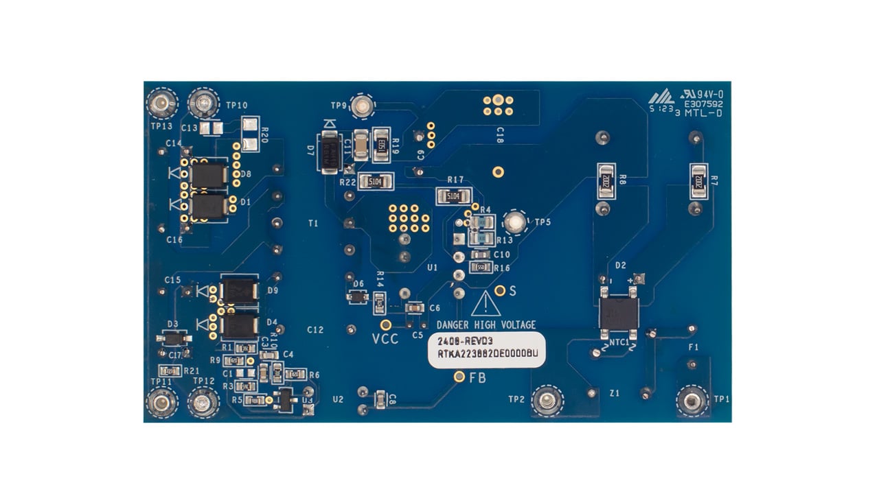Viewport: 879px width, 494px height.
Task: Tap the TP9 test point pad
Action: pyautogui.click(x=363, y=106)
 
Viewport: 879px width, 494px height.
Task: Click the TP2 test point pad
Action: pyautogui.click(x=547, y=401)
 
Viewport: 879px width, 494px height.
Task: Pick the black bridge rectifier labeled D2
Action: pyautogui.click(x=619, y=313)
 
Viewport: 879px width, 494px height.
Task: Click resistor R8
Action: pyautogui.click(x=605, y=180)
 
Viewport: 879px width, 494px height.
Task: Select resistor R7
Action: pyautogui.click(x=698, y=180)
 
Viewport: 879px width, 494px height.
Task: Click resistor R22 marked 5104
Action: pyautogui.click(x=375, y=181)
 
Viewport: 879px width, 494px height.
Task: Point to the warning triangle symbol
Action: pyautogui.click(x=485, y=304)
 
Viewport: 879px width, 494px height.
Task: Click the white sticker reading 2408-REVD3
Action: pyautogui.click(x=486, y=350)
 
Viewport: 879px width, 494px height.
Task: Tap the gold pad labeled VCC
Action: pyautogui.click(x=387, y=325)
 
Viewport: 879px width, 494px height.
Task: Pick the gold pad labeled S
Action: pyautogui.click(x=500, y=290)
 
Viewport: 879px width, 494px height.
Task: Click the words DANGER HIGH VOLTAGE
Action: pyautogui.click(x=486, y=325)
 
